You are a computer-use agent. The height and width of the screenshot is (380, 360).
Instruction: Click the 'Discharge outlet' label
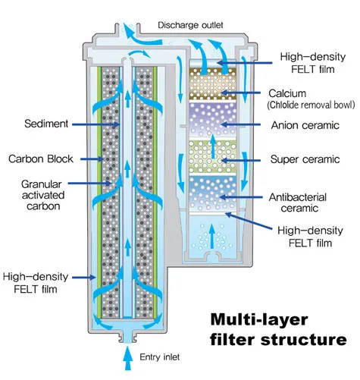click(x=190, y=25)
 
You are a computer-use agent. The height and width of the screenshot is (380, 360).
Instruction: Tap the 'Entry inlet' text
click(x=160, y=357)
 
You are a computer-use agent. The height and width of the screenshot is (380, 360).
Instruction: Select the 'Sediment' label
click(x=46, y=124)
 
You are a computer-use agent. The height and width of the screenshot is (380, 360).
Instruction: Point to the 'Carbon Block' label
click(x=41, y=159)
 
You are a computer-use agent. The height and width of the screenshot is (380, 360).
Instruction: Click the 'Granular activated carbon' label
click(x=43, y=195)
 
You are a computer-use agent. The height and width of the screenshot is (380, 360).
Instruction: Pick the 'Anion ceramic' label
click(x=305, y=125)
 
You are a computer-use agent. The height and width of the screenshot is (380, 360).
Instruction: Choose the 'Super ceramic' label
click(x=305, y=159)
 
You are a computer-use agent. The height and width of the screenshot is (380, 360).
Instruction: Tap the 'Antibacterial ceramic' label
click(x=298, y=203)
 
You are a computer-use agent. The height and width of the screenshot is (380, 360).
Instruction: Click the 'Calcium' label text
click(x=287, y=93)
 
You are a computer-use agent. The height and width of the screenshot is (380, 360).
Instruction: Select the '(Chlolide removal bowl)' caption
click(x=311, y=105)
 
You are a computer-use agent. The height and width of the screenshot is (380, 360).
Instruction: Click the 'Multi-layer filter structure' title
click(x=278, y=329)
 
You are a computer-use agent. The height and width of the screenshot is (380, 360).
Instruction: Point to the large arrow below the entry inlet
click(x=128, y=359)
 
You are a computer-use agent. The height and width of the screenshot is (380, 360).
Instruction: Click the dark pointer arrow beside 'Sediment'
click(x=95, y=124)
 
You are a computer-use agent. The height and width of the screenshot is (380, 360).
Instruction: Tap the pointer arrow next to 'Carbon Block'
click(x=92, y=159)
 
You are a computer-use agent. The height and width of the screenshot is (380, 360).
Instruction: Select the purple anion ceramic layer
click(x=213, y=119)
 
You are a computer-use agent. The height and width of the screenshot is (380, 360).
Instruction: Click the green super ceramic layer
click(x=213, y=157)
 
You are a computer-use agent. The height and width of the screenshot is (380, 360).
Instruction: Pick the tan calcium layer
click(x=213, y=83)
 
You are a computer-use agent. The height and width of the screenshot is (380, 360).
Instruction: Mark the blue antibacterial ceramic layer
click(x=213, y=193)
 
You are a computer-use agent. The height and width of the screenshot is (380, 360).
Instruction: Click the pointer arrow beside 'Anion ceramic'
click(x=240, y=124)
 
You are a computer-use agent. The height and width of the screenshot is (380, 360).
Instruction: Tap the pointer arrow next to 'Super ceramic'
click(x=241, y=160)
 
